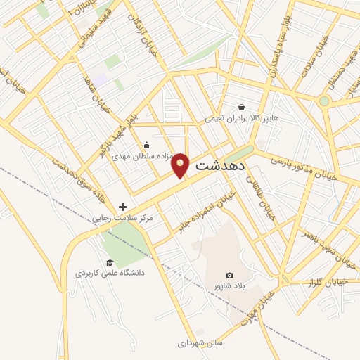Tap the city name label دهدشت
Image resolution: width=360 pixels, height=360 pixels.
point(219,167)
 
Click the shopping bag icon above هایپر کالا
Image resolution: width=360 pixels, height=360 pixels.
point(242,108)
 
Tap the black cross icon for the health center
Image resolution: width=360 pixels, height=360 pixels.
point(124,207)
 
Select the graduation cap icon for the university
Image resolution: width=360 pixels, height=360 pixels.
point(110,262)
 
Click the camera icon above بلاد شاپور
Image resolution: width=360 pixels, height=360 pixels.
point(229,275)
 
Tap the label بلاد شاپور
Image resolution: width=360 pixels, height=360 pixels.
point(229,286)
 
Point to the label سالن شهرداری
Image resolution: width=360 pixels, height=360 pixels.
point(200,344)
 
